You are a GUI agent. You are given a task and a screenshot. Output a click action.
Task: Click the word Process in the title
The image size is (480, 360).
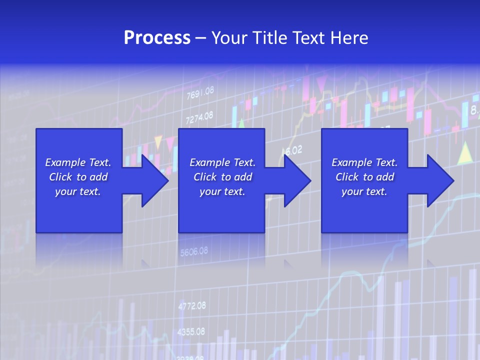coord(157,38)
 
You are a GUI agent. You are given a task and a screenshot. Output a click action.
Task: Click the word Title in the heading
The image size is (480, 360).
coord(270,38)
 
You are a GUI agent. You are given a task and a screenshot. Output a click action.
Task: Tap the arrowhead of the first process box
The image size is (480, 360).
coord(154,180)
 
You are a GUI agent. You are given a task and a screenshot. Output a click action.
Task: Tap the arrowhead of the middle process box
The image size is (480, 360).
coord(297,180)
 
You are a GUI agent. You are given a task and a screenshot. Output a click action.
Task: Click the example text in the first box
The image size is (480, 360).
coord(78,177)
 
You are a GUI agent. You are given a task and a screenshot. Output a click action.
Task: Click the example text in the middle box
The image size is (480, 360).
coord(222,177)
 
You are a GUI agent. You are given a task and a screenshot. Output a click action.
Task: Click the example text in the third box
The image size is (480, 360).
coord(364,177)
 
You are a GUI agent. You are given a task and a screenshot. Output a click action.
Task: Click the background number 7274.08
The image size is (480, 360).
coord(199,118)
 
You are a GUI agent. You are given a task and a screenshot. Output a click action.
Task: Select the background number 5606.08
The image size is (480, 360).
coord(193,252)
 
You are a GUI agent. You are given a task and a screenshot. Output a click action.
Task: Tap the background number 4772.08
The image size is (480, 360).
coord(191,305)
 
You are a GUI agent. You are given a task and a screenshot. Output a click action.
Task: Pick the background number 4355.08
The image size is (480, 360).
coord(191,331)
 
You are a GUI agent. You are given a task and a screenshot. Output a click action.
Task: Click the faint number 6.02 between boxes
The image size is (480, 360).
coord(293,150)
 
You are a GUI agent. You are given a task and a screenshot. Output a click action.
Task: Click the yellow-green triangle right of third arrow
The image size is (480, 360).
coord(465,153)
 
